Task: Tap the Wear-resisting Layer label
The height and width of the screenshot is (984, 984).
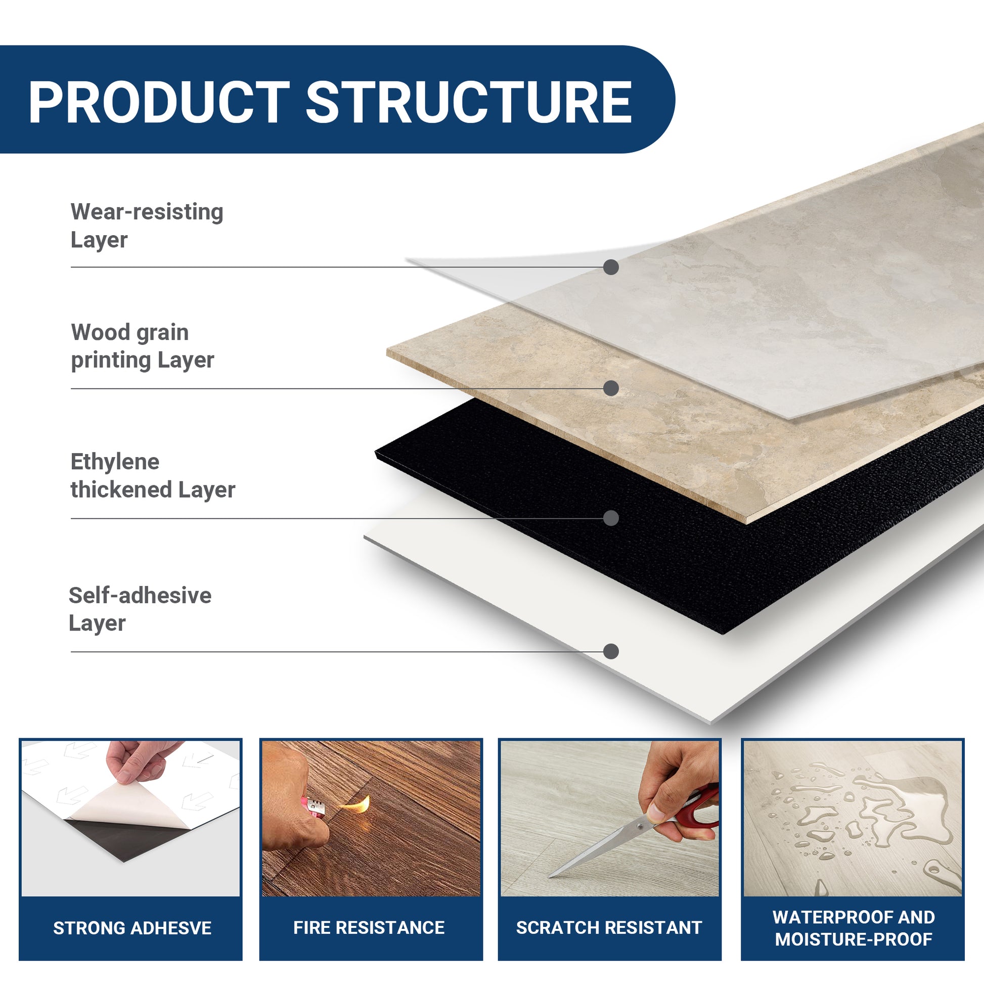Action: pos(147,226)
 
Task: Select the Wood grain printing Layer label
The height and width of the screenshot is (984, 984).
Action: pos(142,346)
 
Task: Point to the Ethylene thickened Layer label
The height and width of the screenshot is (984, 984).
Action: pos(152,476)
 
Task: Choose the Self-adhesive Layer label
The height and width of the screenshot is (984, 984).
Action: pos(140,609)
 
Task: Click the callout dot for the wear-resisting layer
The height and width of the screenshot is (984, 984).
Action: pos(611,267)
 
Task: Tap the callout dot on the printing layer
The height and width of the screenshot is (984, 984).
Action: pos(611,388)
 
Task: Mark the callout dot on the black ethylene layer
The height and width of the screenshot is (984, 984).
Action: pos(611,518)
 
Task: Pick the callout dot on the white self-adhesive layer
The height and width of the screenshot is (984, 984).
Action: pos(611,651)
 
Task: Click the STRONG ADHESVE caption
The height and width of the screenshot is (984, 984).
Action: pos(132,928)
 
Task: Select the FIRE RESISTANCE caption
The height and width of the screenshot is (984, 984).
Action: pos(369,927)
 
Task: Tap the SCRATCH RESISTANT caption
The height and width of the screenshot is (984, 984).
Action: pos(609,927)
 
